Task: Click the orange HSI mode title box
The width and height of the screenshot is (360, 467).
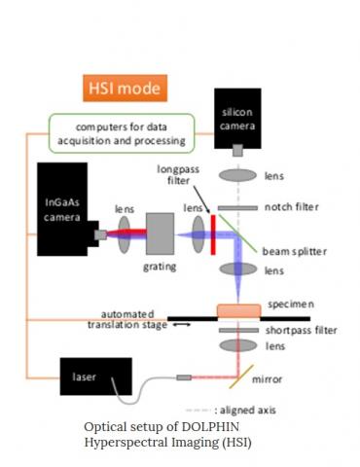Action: click(123, 90)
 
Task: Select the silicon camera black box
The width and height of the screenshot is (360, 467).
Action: click(236, 115)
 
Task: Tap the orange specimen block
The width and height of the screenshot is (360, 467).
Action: click(237, 309)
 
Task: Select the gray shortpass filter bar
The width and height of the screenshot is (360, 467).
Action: click(237, 331)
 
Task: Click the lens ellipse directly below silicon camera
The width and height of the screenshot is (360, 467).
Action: click(237, 177)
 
